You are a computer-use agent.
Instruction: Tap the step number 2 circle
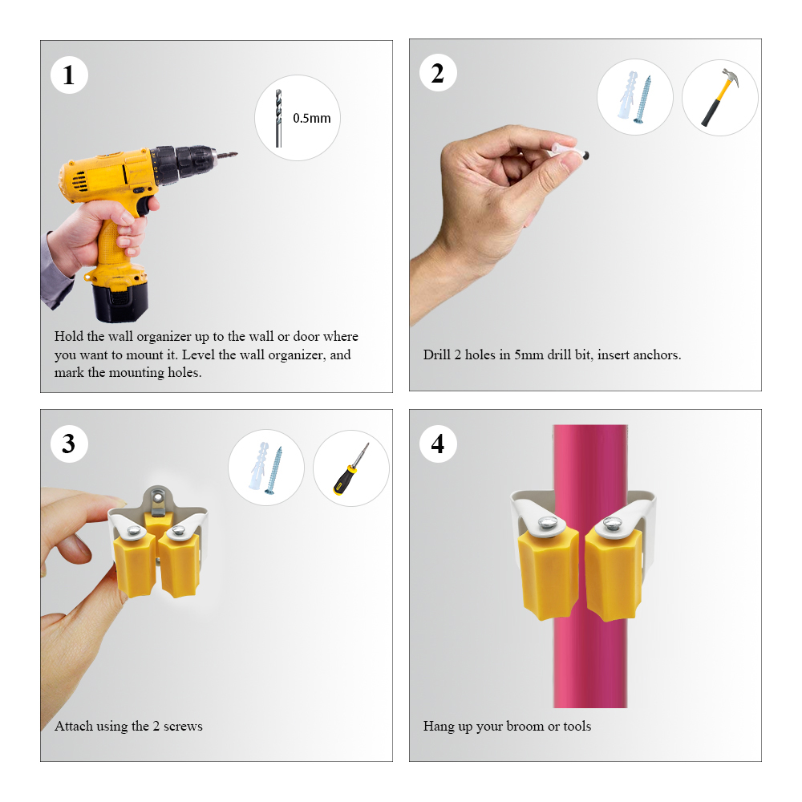pos(438,75)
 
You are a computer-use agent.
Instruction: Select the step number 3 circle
pos(69,444)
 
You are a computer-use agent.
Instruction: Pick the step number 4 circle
pos(438,444)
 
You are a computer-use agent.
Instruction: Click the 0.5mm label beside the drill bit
pos(311,118)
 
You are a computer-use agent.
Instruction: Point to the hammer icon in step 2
pos(719,98)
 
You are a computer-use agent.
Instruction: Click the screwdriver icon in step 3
pos(350,468)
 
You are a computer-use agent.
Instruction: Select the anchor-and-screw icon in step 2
pos(634,98)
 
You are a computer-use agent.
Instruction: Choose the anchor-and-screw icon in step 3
pos(265,468)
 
